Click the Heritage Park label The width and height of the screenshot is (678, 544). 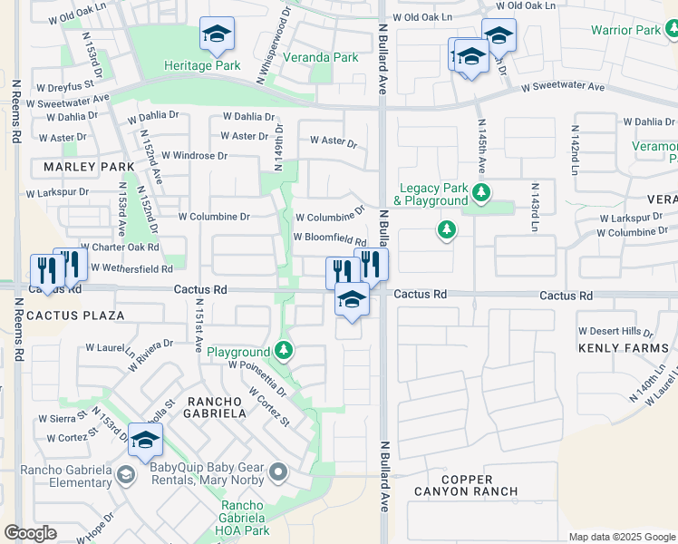pyautogui.click(x=202, y=65)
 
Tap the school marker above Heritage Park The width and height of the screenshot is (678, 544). pyautogui.click(x=216, y=36)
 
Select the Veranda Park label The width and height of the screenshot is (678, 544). pyautogui.click(x=319, y=57)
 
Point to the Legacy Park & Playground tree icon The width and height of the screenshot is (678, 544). pyautogui.click(x=481, y=192)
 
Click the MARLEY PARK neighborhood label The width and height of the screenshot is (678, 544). pyautogui.click(x=88, y=167)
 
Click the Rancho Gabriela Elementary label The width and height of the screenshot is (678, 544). pyautogui.click(x=56, y=476)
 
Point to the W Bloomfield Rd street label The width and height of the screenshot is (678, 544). pyautogui.click(x=329, y=238)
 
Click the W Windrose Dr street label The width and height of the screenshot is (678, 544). pyautogui.click(x=195, y=156)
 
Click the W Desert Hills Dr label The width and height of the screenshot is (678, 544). pyautogui.click(x=615, y=331)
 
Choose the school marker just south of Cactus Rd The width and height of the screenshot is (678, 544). pyautogui.click(x=352, y=299)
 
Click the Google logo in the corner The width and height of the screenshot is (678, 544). pyautogui.click(x=30, y=533)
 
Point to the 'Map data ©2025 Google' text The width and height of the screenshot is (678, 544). pyautogui.click(x=621, y=537)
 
